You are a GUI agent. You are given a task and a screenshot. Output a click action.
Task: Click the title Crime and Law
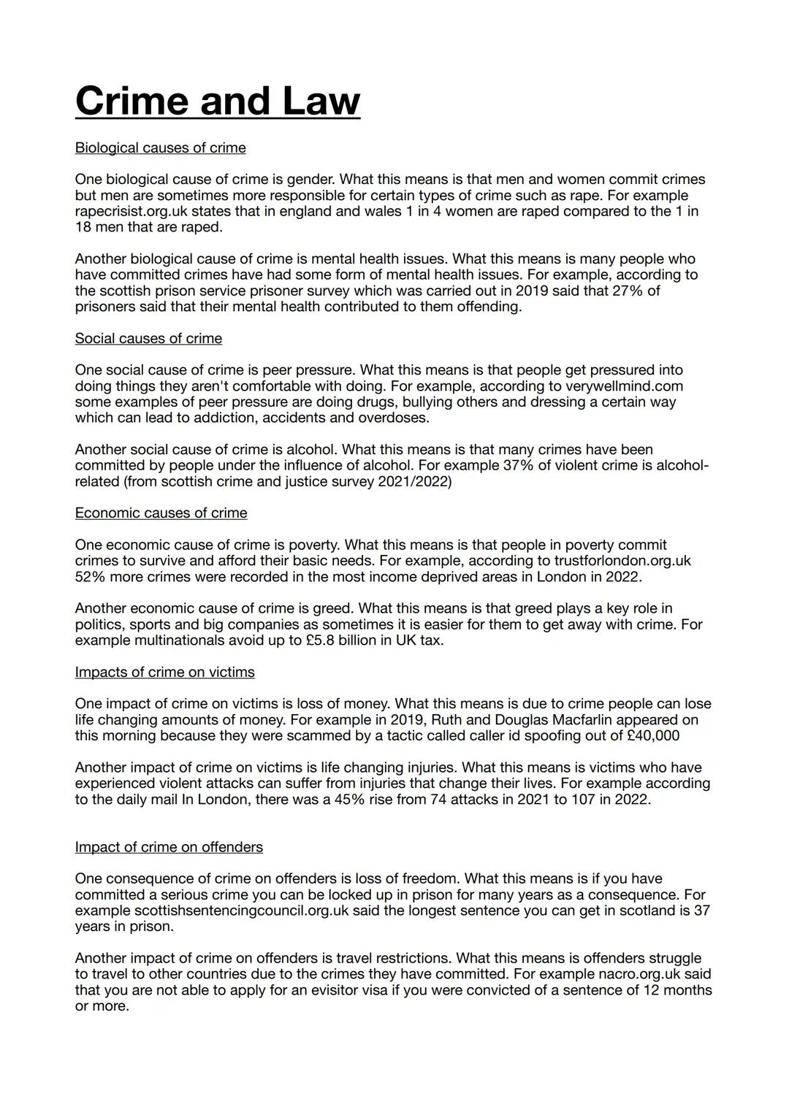pyautogui.click(x=217, y=101)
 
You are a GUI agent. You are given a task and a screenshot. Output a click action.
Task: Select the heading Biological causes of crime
pyautogui.click(x=160, y=148)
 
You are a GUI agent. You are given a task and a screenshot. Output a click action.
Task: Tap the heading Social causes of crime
pyautogui.click(x=148, y=339)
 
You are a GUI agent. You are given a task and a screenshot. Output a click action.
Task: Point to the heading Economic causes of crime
pyautogui.click(x=161, y=513)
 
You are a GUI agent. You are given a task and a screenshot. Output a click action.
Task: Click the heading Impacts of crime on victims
pyautogui.click(x=164, y=672)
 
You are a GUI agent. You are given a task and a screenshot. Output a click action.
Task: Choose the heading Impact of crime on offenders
pyautogui.click(x=169, y=847)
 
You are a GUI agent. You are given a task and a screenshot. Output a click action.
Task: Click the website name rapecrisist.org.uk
pyautogui.click(x=131, y=212)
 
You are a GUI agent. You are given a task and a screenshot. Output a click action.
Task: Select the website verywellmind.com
pyautogui.click(x=623, y=386)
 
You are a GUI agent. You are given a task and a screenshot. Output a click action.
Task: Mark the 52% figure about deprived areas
pyautogui.click(x=90, y=577)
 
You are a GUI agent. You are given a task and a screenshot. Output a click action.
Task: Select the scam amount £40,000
pyautogui.click(x=653, y=735)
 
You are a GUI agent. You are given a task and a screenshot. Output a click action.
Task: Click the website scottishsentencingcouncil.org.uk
pyautogui.click(x=241, y=911)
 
